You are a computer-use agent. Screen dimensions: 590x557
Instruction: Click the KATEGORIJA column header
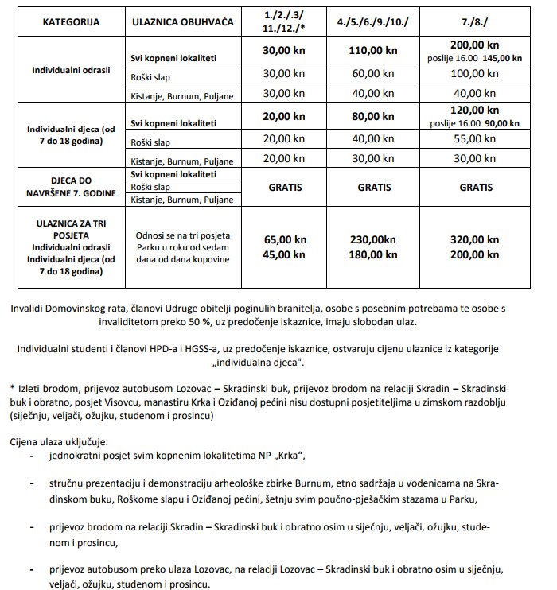[72, 21]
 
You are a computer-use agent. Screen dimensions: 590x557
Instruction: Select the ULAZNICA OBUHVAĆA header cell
[183, 21]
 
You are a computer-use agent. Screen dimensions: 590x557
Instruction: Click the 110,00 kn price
[373, 50]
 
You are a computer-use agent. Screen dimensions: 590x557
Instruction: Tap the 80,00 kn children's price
[373, 116]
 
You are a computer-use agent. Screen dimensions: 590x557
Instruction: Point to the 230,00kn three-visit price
[373, 239]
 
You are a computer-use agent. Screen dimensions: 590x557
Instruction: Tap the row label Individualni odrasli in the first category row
[71, 70]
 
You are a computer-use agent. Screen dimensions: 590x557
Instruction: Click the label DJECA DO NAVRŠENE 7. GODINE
[71, 188]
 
